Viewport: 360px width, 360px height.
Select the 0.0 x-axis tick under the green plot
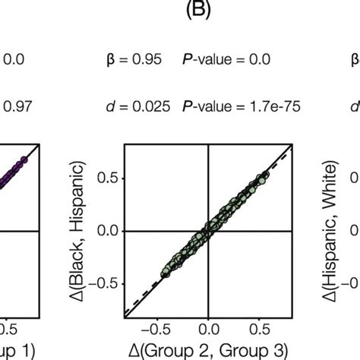(207, 330)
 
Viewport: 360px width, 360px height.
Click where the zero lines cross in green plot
(207, 230)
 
